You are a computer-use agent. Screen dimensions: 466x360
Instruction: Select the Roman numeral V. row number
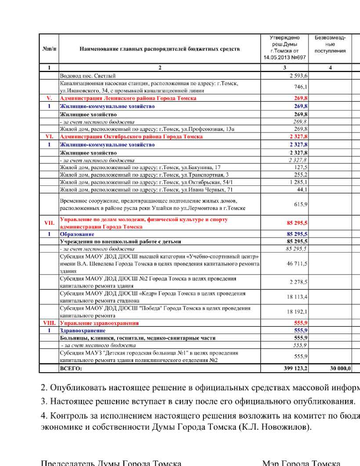[49, 98]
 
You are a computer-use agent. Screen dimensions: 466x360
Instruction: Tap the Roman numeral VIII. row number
[49, 323]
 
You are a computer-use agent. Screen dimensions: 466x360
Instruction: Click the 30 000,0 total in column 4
[340, 368]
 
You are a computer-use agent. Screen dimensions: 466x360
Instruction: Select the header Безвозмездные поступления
[330, 44]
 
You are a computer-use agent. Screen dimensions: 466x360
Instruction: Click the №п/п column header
[49, 49]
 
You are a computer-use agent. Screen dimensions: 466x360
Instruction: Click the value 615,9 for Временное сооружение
[301, 204]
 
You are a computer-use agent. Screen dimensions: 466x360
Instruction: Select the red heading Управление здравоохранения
[99, 323]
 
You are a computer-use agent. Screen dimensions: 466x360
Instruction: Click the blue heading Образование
[77, 234]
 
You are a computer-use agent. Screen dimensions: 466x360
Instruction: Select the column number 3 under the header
[285, 67]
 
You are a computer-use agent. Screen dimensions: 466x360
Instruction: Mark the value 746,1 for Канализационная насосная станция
[301, 87]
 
